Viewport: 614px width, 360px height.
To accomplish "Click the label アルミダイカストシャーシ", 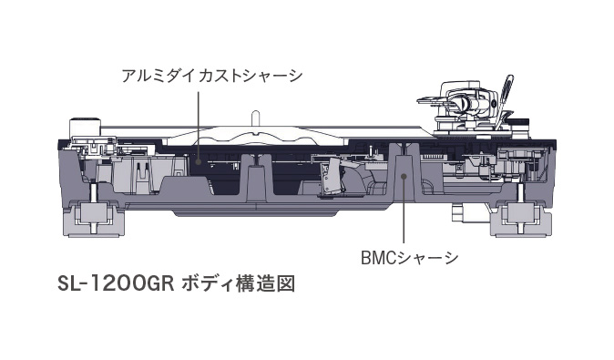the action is pyautogui.click(x=212, y=76).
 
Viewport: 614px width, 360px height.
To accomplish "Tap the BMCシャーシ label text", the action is pyautogui.click(x=409, y=258).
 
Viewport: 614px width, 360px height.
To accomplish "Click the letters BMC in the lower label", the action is pyautogui.click(x=379, y=258).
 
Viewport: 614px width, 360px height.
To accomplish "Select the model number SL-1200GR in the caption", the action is pyautogui.click(x=116, y=284).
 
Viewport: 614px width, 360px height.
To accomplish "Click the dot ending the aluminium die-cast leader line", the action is pyautogui.click(x=199, y=161).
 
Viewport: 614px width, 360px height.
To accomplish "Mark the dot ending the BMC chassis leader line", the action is pyautogui.click(x=404, y=176).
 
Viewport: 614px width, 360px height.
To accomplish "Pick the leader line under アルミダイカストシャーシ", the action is pyautogui.click(x=199, y=126).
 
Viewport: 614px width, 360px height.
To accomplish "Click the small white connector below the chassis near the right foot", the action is pyautogui.click(x=456, y=212).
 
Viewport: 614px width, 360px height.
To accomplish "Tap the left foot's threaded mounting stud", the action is pyautogui.click(x=95, y=191).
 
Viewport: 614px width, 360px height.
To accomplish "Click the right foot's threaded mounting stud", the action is pyautogui.click(x=520, y=191).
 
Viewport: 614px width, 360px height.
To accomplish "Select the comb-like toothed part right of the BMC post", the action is pyautogui.click(x=433, y=157).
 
